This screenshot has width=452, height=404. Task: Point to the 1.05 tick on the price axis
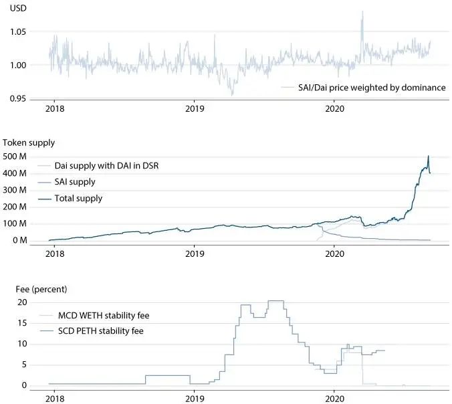point(18,31)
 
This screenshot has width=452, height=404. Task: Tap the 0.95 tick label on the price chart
point(18,98)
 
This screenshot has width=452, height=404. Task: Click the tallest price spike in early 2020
point(362,12)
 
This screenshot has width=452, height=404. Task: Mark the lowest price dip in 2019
point(233,94)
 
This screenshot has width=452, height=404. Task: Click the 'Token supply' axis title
point(29,142)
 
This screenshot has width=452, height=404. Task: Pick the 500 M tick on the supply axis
point(16,157)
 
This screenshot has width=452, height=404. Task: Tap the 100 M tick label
point(16,223)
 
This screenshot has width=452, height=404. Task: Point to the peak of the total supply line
point(428,157)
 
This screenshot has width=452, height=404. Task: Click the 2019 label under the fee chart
point(195,398)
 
